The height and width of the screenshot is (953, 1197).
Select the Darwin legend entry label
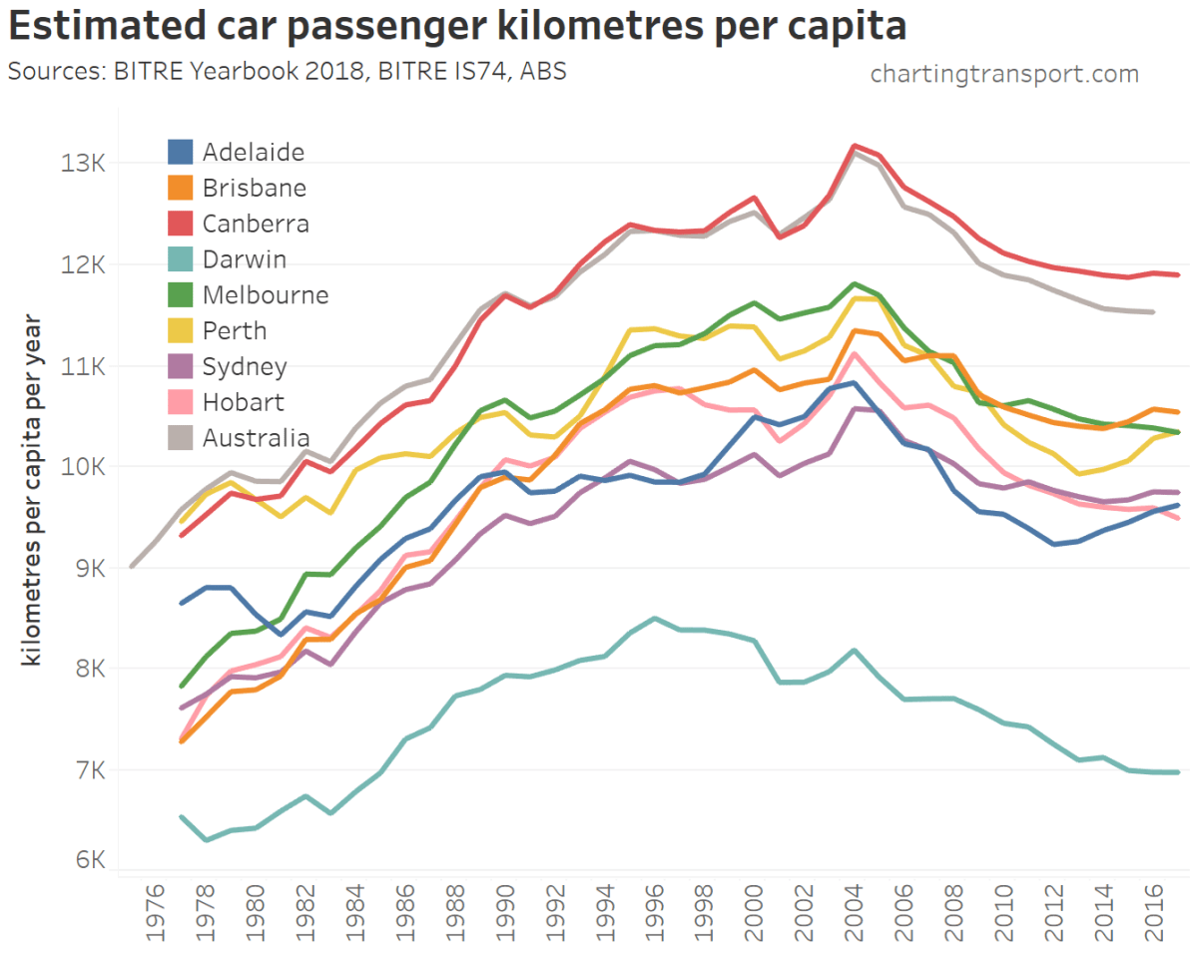244,259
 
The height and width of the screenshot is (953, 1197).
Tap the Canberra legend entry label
256,224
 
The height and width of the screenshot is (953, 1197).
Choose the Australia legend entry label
256,438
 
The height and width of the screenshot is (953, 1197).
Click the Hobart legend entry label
243,402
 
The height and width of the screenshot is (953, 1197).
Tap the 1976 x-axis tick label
156,911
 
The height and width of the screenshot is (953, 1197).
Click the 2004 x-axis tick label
855,911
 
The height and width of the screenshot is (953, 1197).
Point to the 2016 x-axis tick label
1154,911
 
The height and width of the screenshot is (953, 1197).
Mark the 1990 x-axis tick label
505,911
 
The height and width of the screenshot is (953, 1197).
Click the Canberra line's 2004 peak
855,146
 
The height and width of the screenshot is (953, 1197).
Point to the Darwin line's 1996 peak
655,618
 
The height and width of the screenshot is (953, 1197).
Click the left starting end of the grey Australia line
132,566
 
